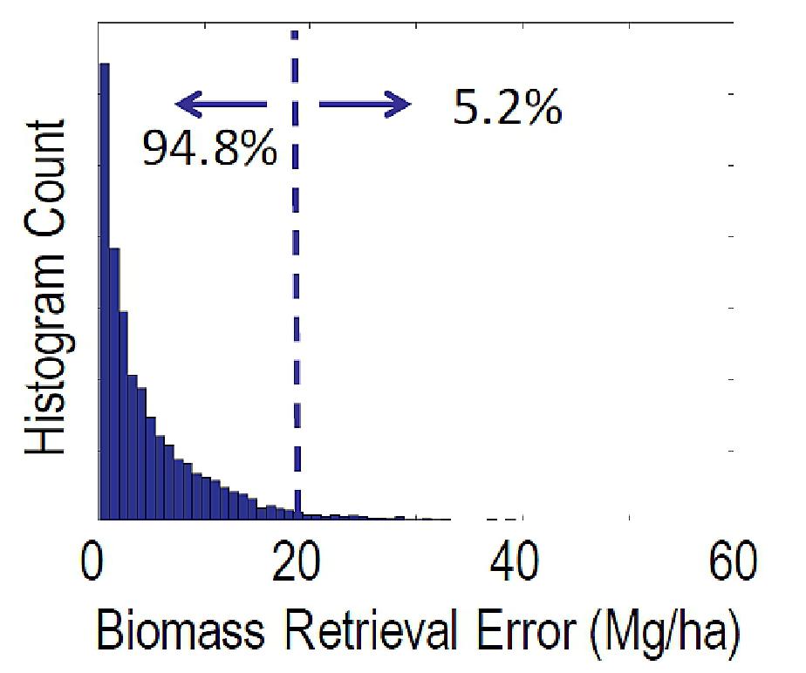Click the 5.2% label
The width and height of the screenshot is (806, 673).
point(507,108)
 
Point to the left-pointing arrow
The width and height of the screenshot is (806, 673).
point(222,105)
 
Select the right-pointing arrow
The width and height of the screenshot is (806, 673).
point(365,105)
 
